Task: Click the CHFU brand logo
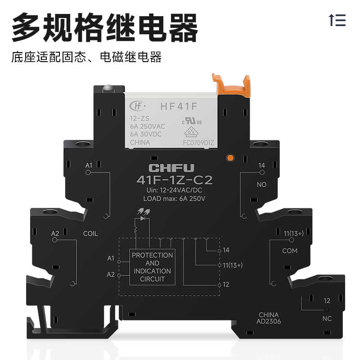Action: coord(171,168)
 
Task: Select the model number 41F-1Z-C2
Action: coord(174,180)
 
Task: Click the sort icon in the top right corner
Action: coord(337,20)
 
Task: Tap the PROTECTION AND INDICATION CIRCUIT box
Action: coord(152,267)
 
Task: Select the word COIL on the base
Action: coord(90,234)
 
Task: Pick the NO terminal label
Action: coord(261,184)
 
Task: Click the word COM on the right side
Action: coord(290,251)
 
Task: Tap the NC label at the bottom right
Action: coord(327,319)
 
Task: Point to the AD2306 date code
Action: coord(269,322)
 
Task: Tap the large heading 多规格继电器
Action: coord(104,28)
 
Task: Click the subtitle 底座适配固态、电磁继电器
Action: coord(86,57)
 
